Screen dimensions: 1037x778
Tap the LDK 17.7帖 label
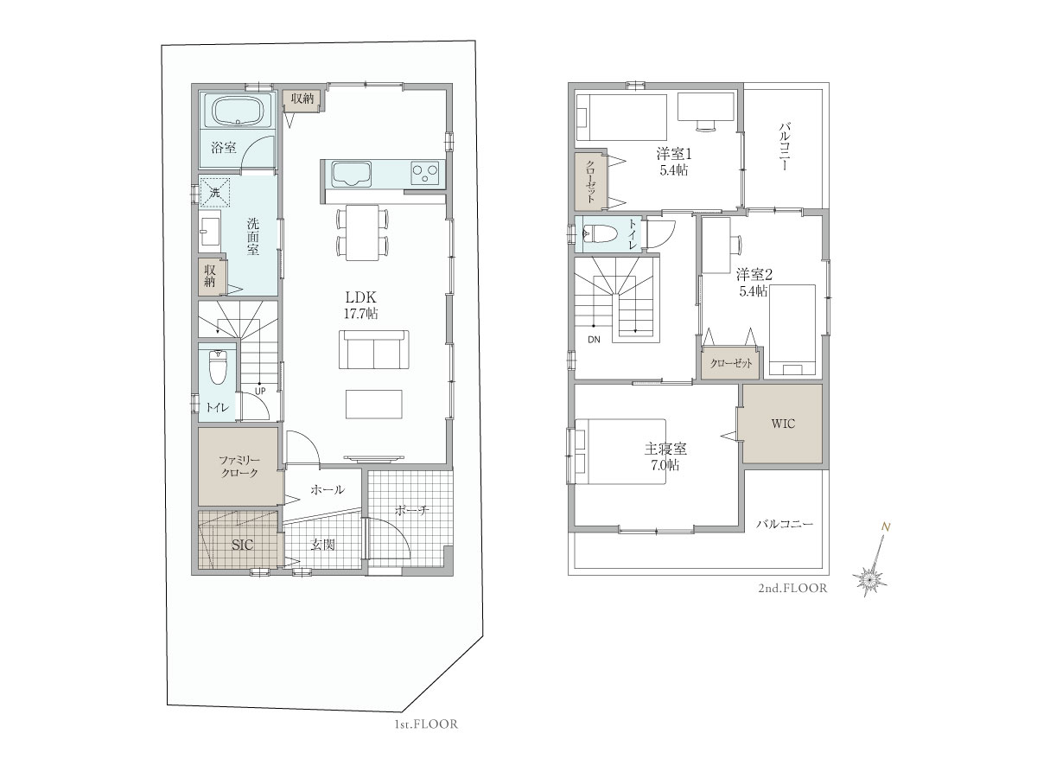pos(360,305)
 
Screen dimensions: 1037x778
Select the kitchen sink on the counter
pos(351,174)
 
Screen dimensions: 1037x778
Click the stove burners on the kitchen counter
pos(428,172)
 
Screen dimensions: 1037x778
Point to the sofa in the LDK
pos(373,349)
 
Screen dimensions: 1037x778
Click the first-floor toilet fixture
pos(218,367)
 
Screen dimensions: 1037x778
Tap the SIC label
pos(242,545)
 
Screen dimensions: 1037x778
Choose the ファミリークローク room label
pos(239,466)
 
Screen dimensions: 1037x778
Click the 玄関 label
pos(322,545)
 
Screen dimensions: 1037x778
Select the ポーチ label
pos(412,510)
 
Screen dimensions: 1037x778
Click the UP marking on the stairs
pos(260,391)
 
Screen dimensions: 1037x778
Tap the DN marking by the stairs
pos(594,339)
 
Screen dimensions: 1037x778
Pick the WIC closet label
pos(783,424)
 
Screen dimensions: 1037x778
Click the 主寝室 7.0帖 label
pos(665,456)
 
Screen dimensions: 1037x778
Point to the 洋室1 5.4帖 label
pos(674,162)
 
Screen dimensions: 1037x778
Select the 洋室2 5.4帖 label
pos(754,282)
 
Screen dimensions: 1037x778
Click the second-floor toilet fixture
pos(601,233)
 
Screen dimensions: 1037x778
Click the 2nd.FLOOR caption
pos(792,588)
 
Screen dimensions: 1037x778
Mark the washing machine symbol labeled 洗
pos(214,192)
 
